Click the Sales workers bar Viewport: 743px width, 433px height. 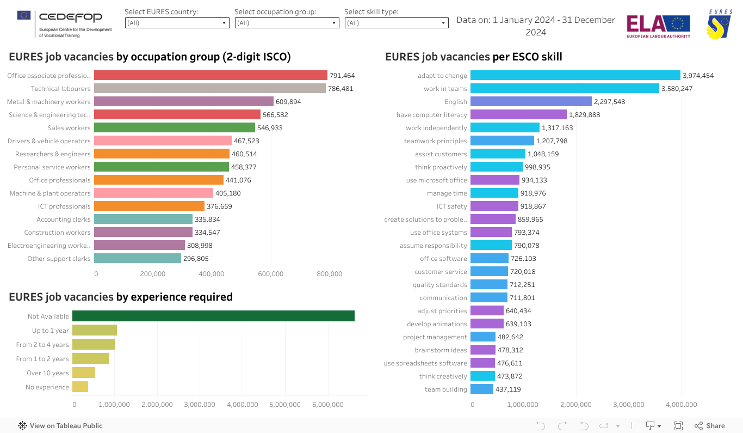point(174,127)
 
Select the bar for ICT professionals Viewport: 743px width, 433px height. point(149,206)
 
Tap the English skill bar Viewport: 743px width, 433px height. point(530,101)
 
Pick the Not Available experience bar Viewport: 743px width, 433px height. point(213,316)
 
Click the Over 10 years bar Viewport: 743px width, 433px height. point(84,373)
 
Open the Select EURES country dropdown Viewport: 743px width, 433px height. point(177,23)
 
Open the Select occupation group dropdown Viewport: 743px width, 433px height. point(287,23)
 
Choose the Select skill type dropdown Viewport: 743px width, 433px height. point(397,23)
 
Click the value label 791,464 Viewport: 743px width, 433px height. point(342,76)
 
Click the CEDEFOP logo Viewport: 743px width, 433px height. point(64,23)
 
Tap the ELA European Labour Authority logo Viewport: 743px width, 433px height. point(658,26)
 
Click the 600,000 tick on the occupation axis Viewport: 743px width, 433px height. point(270,274)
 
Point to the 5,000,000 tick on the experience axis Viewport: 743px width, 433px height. point(285,405)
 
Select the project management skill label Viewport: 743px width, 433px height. point(435,337)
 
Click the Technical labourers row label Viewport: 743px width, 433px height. point(60,89)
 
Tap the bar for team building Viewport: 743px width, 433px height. point(481,389)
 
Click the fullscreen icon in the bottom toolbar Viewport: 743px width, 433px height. point(678,426)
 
